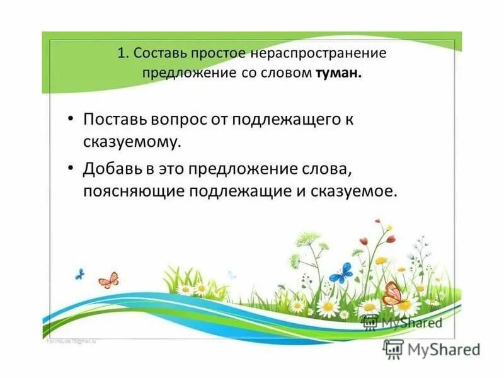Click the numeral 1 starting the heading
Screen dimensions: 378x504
click(121, 53)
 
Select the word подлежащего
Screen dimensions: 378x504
click(297, 120)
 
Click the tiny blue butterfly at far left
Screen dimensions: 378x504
click(79, 273)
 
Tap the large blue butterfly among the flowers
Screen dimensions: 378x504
click(341, 273)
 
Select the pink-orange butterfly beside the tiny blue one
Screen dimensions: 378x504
click(108, 280)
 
